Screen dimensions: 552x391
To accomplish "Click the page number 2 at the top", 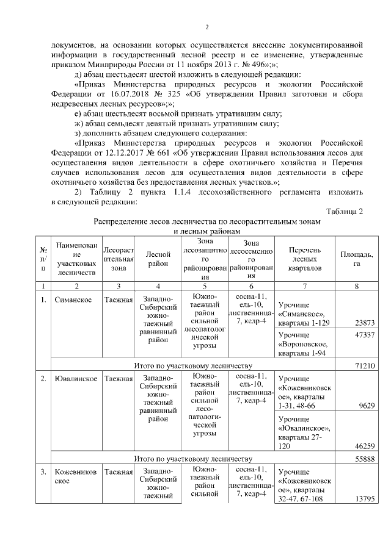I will (206, 27).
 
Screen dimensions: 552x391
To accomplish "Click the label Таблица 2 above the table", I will (345, 211).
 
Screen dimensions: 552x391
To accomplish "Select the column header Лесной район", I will (157, 259).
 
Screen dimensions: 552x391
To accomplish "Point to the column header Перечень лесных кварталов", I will (304, 259).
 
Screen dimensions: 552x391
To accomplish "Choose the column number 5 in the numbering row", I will (205, 286).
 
